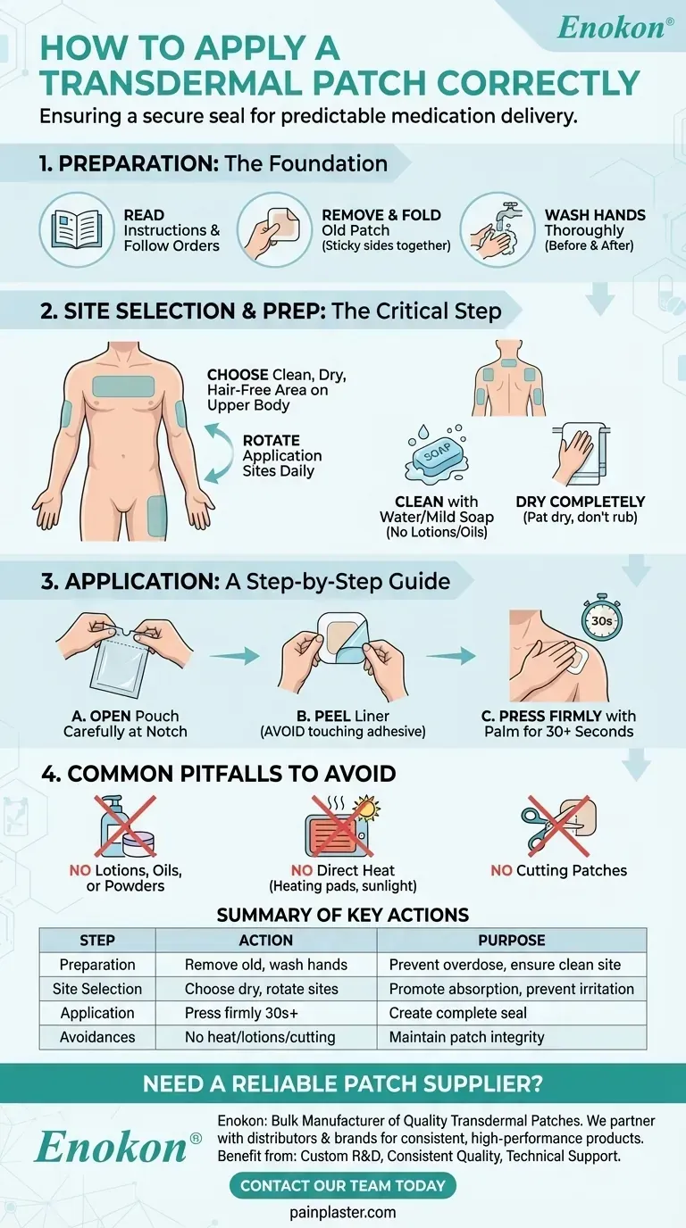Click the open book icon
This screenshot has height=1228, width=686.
click(77, 229)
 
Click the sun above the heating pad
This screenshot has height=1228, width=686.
click(366, 809)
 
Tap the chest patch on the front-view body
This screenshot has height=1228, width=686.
click(123, 386)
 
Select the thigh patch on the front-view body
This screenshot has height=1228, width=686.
click(156, 516)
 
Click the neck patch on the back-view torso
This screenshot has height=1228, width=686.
click(509, 362)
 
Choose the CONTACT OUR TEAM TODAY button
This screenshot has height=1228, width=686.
click(342, 1186)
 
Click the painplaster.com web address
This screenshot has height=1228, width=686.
click(342, 1212)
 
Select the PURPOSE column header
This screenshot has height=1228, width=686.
click(512, 941)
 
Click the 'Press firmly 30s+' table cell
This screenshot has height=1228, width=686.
click(241, 1013)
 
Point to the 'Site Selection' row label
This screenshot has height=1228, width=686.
click(97, 989)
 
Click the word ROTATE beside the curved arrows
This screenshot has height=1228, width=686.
click(272, 440)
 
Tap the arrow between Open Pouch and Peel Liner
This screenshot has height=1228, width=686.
click(234, 655)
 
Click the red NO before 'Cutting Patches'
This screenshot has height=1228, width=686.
click(501, 870)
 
